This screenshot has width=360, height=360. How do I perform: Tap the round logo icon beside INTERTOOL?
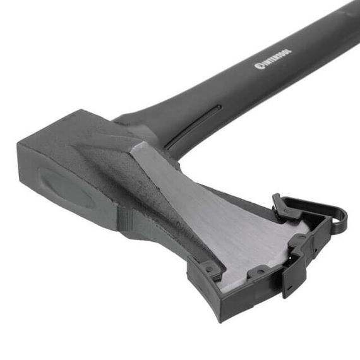[259, 66]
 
